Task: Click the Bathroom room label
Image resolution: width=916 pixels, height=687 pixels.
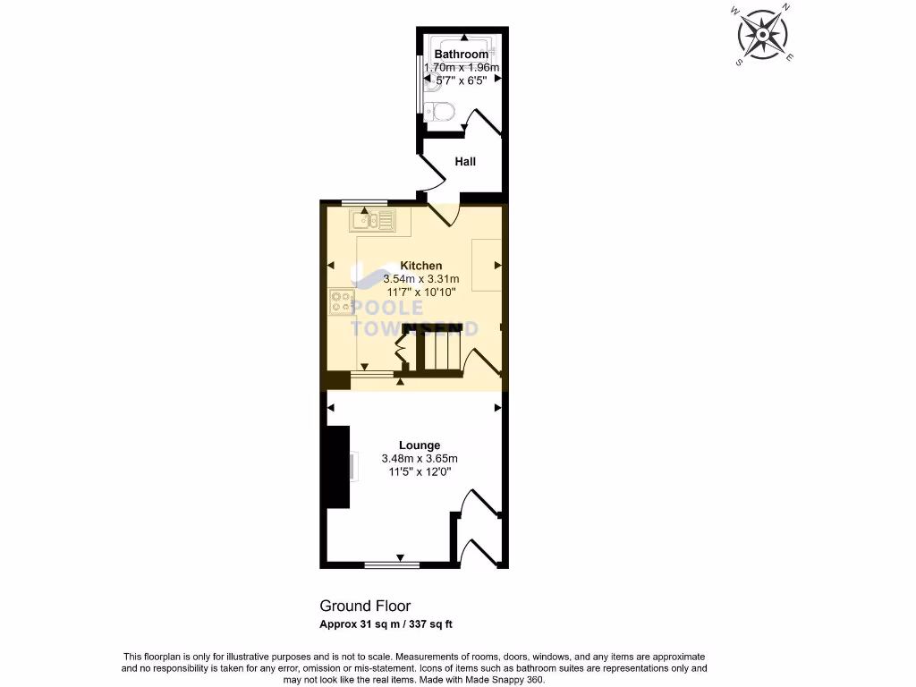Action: [462, 55]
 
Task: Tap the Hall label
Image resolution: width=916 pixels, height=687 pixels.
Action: [465, 162]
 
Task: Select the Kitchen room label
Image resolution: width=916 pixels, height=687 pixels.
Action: [420, 266]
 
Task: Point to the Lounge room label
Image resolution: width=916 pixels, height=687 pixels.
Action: [420, 445]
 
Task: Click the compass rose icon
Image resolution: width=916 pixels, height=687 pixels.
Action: [763, 35]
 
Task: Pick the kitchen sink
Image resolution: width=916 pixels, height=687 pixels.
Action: [372, 219]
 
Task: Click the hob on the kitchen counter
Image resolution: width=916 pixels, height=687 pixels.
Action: [341, 302]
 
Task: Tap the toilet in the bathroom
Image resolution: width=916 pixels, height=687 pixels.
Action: [441, 112]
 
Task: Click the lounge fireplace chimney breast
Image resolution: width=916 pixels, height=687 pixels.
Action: [337, 467]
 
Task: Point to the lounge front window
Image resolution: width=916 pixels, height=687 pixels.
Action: [392, 564]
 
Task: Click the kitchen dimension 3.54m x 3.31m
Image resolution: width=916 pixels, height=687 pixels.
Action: [420, 279]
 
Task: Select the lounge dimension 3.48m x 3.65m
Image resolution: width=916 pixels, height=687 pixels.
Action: [420, 458]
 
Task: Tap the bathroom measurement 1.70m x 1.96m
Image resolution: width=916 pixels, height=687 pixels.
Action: [462, 67]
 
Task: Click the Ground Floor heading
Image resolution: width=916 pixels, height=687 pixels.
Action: [365, 606]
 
